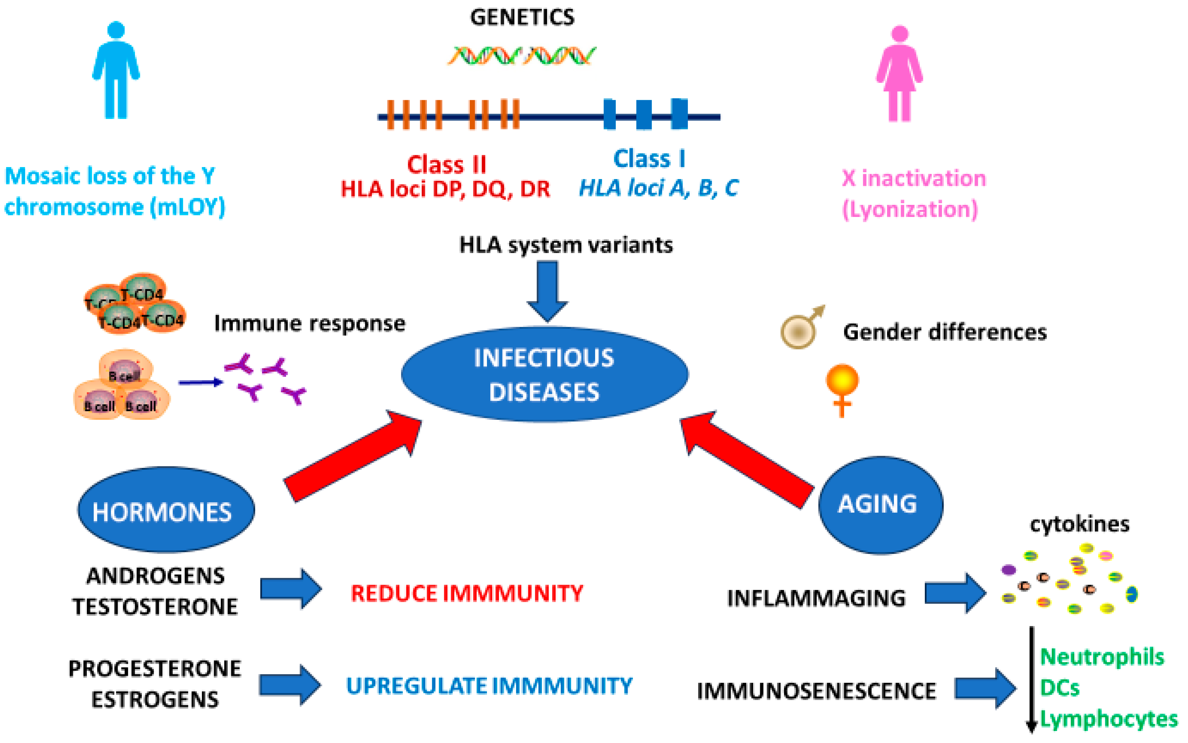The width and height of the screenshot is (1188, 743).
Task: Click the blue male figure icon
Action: [116, 71]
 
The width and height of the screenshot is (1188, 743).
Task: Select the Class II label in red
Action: [446, 165]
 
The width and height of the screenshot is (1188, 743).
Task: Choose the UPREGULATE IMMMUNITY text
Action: [489, 685]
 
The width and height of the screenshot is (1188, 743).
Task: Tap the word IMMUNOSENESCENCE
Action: [816, 691]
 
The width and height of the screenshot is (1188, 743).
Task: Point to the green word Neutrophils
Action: [1101, 657]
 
